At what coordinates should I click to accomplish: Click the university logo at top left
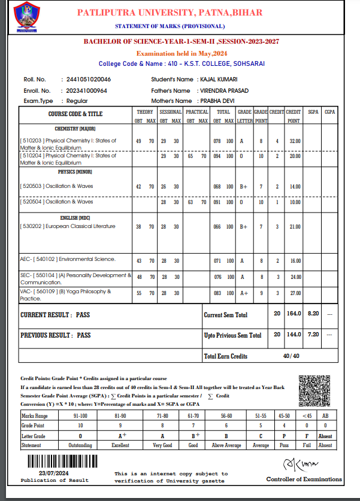[26, 17]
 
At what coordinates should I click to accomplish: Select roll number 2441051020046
[86, 80]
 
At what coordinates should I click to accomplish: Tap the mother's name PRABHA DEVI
[217, 101]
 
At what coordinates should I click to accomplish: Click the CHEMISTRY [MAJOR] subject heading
[75, 129]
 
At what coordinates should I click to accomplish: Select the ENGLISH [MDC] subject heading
[75, 217]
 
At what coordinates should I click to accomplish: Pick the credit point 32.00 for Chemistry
[294, 141]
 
